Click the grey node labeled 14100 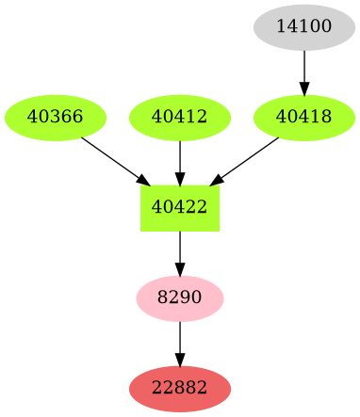tap(304, 26)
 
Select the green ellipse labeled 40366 tap(56, 118)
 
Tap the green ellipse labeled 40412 tap(179, 118)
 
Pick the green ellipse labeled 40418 tap(304, 118)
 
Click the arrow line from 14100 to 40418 tap(304, 66)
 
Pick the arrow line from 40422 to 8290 tap(179, 249)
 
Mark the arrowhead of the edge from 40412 tap(179, 180)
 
